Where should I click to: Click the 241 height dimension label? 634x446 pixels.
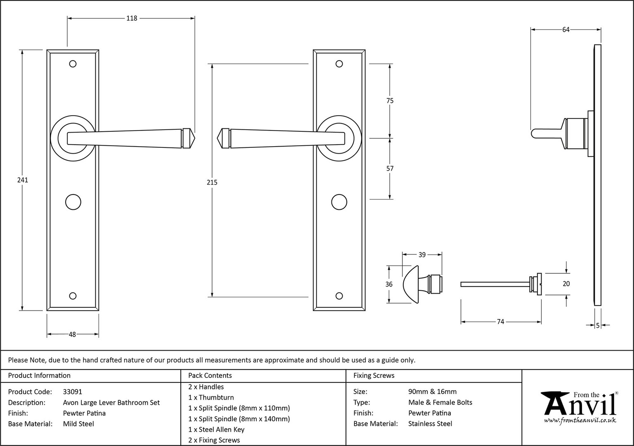[x=23, y=180]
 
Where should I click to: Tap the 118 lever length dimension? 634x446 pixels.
[x=132, y=19]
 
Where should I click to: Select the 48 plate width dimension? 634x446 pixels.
[x=73, y=334]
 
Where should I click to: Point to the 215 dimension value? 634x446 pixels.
[x=212, y=183]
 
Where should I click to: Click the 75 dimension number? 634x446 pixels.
[x=390, y=100]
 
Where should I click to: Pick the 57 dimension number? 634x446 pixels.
[x=390, y=168]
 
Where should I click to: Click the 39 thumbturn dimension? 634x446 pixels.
[x=422, y=255]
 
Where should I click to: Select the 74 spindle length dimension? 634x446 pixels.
[x=501, y=322]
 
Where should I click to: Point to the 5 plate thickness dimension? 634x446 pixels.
[x=598, y=326]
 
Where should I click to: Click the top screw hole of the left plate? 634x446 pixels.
[x=73, y=64]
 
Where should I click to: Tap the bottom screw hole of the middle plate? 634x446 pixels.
[x=339, y=296]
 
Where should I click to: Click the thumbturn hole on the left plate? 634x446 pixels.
[x=73, y=202]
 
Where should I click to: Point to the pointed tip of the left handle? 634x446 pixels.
[x=195, y=138]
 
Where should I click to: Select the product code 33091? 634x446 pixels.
[x=73, y=392]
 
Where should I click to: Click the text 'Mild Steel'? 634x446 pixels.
[x=78, y=424]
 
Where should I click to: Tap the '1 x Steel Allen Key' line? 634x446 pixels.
[x=216, y=429]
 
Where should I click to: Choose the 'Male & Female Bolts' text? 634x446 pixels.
[x=440, y=402]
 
